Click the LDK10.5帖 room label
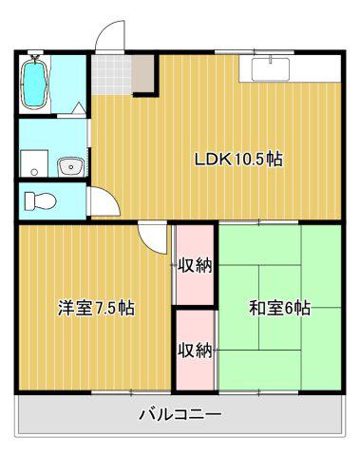tap(238, 160)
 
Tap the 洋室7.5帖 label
tap(96, 308)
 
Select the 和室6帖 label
tap(279, 308)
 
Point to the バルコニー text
tap(180, 414)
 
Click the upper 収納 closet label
tap(195, 265)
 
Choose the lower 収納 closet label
tap(195, 351)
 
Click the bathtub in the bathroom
tap(34, 82)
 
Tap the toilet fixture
tap(40, 201)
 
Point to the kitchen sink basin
tap(271, 68)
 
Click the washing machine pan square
tap(34, 163)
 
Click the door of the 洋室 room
tap(153, 237)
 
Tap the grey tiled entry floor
tap(111, 75)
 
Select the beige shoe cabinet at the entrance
tap(142, 73)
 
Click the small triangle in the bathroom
tap(79, 108)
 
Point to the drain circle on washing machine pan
tap(34, 172)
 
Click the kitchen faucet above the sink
tap(271, 59)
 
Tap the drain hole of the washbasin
tap(70, 165)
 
